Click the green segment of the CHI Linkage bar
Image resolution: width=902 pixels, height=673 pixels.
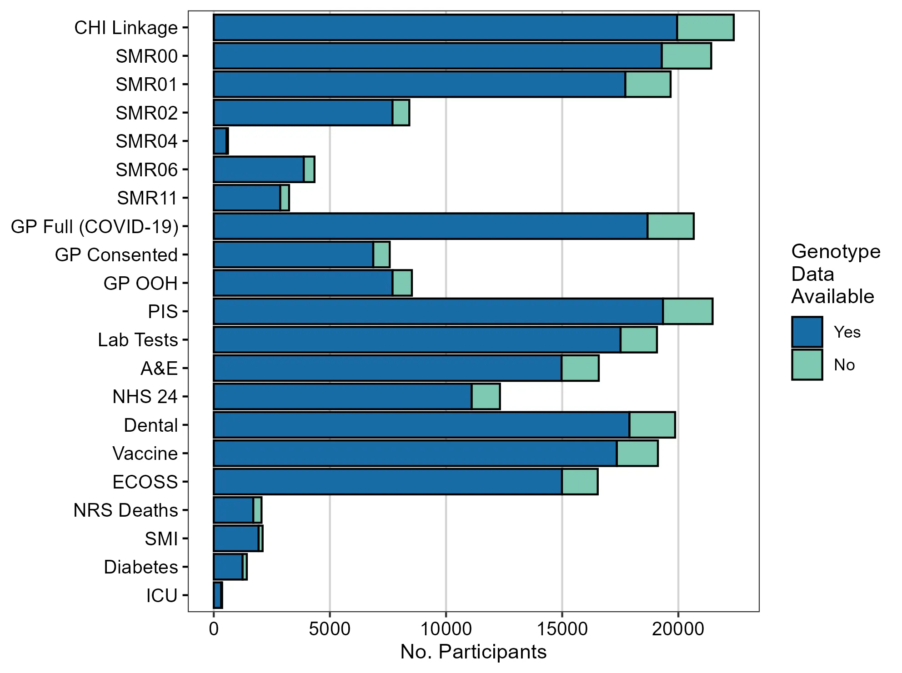coord(705,28)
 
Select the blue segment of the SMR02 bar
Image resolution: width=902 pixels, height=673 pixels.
coord(303,113)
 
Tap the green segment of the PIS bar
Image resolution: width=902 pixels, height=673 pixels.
coord(687,312)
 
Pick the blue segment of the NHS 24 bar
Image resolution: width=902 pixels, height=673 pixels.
coord(342,397)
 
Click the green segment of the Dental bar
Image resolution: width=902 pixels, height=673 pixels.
coord(652,425)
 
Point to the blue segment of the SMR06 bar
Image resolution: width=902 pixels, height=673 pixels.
coord(258,169)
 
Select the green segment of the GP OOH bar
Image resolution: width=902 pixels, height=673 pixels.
coord(402,283)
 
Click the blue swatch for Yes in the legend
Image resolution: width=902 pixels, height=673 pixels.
coord(807,332)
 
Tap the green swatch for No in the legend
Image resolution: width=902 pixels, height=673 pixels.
coord(807,365)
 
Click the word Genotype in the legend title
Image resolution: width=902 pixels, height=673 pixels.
coord(836,251)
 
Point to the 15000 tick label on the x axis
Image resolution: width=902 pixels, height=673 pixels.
coord(562,629)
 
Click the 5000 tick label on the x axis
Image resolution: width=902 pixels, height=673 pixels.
coord(330,629)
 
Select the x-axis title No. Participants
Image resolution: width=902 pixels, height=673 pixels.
coord(473,652)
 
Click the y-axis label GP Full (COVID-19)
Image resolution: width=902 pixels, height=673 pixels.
coord(95,226)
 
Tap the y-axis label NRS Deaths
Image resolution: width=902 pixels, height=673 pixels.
coord(125,510)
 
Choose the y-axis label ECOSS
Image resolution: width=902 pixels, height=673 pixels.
coord(145,482)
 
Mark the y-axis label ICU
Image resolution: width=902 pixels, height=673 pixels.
coord(161,596)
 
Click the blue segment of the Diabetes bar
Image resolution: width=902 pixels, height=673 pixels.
coord(228,567)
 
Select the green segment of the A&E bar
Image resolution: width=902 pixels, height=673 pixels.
coord(580,369)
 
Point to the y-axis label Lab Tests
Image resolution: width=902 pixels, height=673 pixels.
coord(138,340)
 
